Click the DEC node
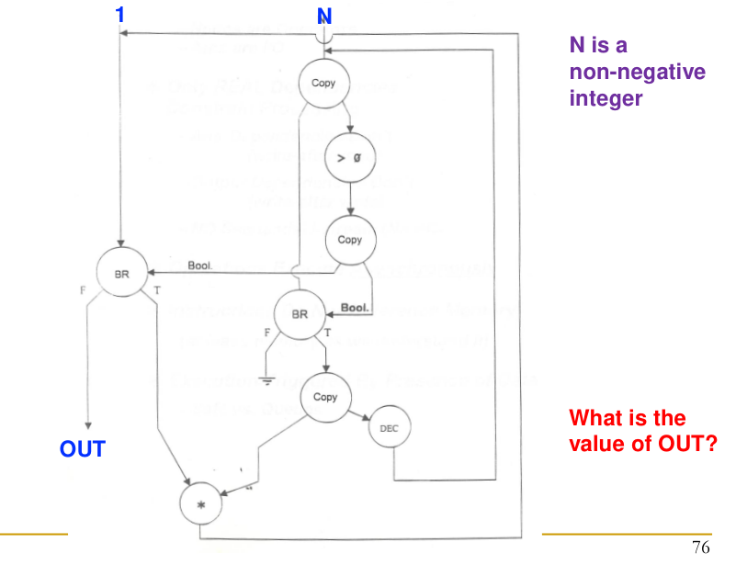coord(389,429)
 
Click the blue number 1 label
coord(119,14)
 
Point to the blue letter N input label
coord(323,17)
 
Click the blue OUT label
coord(83,449)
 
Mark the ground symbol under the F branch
coord(266,376)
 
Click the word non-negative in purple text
coord(638,73)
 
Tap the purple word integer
coord(606,98)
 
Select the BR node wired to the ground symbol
coord(299,313)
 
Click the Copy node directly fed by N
coord(323,84)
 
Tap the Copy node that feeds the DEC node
coord(325,398)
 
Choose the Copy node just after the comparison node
coord(350,240)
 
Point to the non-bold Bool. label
coord(199,266)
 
